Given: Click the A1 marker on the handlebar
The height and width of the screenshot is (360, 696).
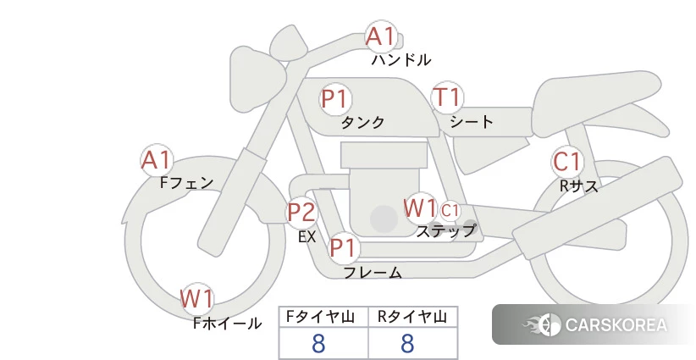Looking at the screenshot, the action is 381,36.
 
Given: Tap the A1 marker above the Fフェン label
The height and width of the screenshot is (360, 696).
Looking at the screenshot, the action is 157,160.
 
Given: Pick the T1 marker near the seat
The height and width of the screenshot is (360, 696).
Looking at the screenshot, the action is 447,97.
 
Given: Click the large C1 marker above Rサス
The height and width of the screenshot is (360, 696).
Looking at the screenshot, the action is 567,162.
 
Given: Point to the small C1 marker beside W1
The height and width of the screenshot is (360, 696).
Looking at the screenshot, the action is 450,211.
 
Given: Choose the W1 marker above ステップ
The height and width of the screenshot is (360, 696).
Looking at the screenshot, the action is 419,208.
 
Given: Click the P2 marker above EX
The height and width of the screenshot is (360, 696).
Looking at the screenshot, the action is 301,212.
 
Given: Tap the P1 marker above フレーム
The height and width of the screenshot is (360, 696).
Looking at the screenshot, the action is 344,247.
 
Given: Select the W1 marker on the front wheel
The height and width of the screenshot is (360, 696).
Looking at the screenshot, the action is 196,298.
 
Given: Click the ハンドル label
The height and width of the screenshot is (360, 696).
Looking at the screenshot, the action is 400,60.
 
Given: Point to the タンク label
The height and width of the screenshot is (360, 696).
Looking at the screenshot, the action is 362,123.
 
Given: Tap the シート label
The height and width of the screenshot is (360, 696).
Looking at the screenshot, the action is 472,122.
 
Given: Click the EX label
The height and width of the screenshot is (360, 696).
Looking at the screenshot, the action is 307,237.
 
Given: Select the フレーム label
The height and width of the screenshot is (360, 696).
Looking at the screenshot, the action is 373,272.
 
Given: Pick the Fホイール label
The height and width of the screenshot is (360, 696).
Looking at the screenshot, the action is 227,324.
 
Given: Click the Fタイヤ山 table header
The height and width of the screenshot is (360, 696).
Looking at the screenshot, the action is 320,317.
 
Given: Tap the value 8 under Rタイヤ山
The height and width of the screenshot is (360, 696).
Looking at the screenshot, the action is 407,343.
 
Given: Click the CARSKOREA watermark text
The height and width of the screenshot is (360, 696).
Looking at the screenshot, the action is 616,325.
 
